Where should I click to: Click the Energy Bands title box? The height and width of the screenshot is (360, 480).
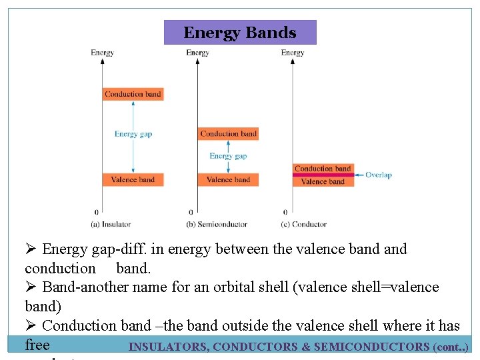coord(240,32)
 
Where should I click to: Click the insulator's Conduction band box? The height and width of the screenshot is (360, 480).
coord(133,94)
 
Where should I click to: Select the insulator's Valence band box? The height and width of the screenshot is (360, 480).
coord(133,179)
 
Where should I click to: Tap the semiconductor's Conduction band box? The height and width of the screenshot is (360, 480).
coord(229,133)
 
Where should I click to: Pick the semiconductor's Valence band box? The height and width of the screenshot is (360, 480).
coord(229,179)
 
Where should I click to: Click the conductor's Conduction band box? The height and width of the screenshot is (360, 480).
coord(323,169)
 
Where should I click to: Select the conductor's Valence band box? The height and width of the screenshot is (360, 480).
coord(323,181)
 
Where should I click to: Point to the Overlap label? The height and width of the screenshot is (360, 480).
coord(378,175)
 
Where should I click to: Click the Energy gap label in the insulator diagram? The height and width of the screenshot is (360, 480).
coord(133,134)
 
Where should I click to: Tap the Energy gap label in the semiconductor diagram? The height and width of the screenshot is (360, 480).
coord(228,156)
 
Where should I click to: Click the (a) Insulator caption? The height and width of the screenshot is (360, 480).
coord(111,224)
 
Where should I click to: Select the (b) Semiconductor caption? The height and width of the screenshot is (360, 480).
coord(217,224)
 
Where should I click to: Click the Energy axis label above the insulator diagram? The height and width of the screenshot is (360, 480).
coord(102,53)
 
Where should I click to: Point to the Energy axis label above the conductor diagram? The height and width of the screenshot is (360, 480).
coord(293,53)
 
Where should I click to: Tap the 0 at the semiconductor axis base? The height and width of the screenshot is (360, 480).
coord(191,213)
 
